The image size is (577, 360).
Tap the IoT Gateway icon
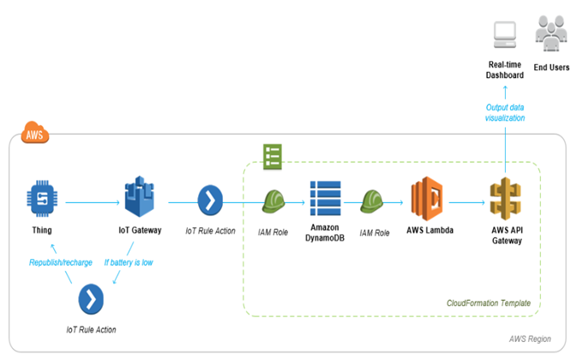click(x=141, y=201)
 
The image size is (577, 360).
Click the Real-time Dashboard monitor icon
click(x=505, y=36)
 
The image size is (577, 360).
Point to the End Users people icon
click(x=551, y=34)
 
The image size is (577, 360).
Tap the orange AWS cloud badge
click(x=35, y=134)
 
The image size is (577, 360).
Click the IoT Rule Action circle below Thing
click(x=92, y=301)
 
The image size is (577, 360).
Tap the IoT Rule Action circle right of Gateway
click(x=211, y=202)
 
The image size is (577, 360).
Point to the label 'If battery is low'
click(x=128, y=262)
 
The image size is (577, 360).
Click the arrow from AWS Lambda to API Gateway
click(x=466, y=203)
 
